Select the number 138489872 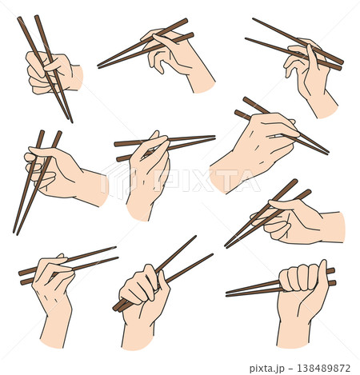324,368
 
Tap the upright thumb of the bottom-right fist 322,274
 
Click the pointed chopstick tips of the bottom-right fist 227,293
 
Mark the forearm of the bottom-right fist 294,333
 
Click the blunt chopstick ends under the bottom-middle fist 118,307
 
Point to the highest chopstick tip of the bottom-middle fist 195,236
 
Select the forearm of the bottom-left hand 55,330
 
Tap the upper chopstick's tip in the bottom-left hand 115,247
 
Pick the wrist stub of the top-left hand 77,78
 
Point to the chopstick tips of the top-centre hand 99,66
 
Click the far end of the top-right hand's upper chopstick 254,19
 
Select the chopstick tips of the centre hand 214,138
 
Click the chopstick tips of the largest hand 327,153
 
